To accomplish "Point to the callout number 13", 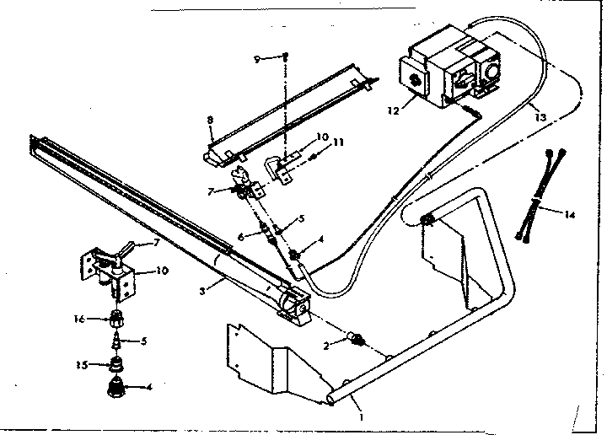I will click(x=540, y=118).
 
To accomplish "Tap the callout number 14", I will click(x=570, y=214).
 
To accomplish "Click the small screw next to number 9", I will click(x=286, y=56).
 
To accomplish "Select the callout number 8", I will click(x=210, y=121).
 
